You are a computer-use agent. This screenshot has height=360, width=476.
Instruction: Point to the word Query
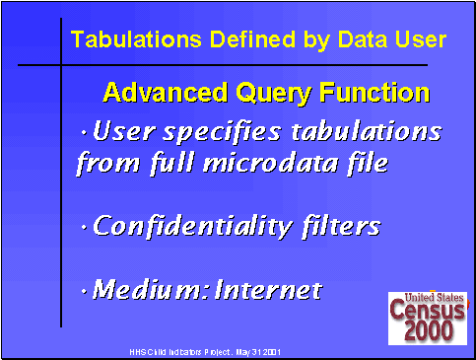click(x=266, y=95)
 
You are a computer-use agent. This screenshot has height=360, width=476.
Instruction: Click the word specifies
click(x=231, y=132)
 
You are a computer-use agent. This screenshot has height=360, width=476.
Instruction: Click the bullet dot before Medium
click(x=85, y=292)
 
